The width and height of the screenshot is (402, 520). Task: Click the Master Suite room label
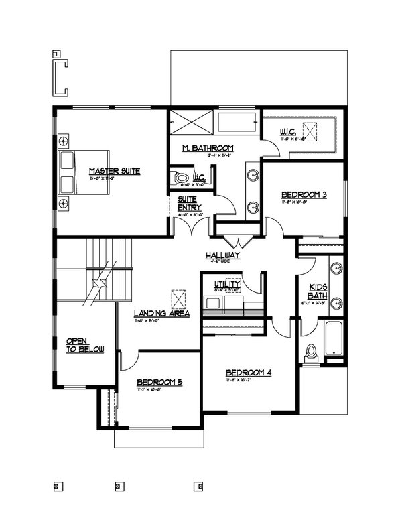pyautogui.click(x=115, y=172)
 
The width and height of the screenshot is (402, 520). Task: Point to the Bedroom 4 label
pyautogui.click(x=249, y=373)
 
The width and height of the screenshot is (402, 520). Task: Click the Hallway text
pyautogui.click(x=223, y=256)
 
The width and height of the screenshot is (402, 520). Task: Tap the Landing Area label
pyautogui.click(x=161, y=313)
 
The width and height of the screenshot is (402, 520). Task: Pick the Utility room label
pyautogui.click(x=226, y=285)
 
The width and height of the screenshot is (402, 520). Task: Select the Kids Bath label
pyautogui.click(x=317, y=291)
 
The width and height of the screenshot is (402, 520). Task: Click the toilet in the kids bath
pyautogui.click(x=310, y=354)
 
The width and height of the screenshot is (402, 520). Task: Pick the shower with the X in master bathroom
pyautogui.click(x=190, y=124)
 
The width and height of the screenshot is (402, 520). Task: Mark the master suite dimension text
pyautogui.click(x=114, y=179)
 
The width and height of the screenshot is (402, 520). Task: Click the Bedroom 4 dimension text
pyautogui.click(x=248, y=380)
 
